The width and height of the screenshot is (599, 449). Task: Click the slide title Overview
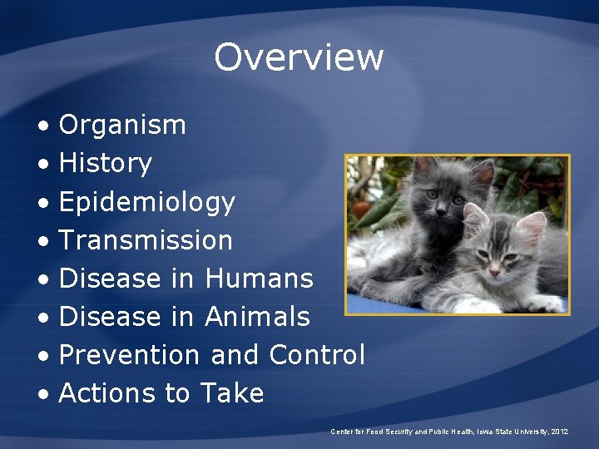tap(299, 57)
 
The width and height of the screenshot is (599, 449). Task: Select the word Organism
tap(122, 126)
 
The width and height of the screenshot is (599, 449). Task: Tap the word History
tap(106, 164)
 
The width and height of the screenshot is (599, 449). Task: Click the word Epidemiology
tap(147, 202)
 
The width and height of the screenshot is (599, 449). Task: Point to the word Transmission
tap(146, 240)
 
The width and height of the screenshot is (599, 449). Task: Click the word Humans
tap(259, 279)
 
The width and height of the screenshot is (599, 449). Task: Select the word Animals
tap(257, 317)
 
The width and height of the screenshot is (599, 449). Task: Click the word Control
tap(317, 355)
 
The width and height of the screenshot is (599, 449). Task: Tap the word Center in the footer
tap(342, 432)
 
